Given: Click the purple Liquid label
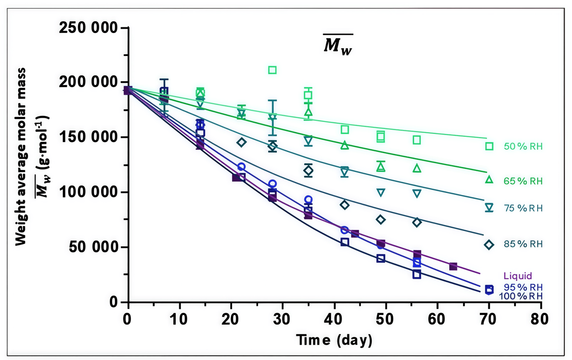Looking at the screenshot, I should pyautogui.click(x=518, y=276).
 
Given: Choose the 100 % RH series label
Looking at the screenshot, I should pyautogui.click(x=521, y=296).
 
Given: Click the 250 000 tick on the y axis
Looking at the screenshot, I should pyautogui.click(x=88, y=28).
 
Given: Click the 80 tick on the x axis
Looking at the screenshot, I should pyautogui.click(x=540, y=319).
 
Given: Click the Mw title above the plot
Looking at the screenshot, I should pyautogui.click(x=338, y=45).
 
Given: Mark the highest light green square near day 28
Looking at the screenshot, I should pyautogui.click(x=272, y=70).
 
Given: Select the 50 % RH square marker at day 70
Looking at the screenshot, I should pyautogui.click(x=489, y=146).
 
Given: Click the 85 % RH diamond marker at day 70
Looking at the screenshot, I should pyautogui.click(x=489, y=245).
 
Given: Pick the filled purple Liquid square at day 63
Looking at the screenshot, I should pyautogui.click(x=453, y=267).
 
